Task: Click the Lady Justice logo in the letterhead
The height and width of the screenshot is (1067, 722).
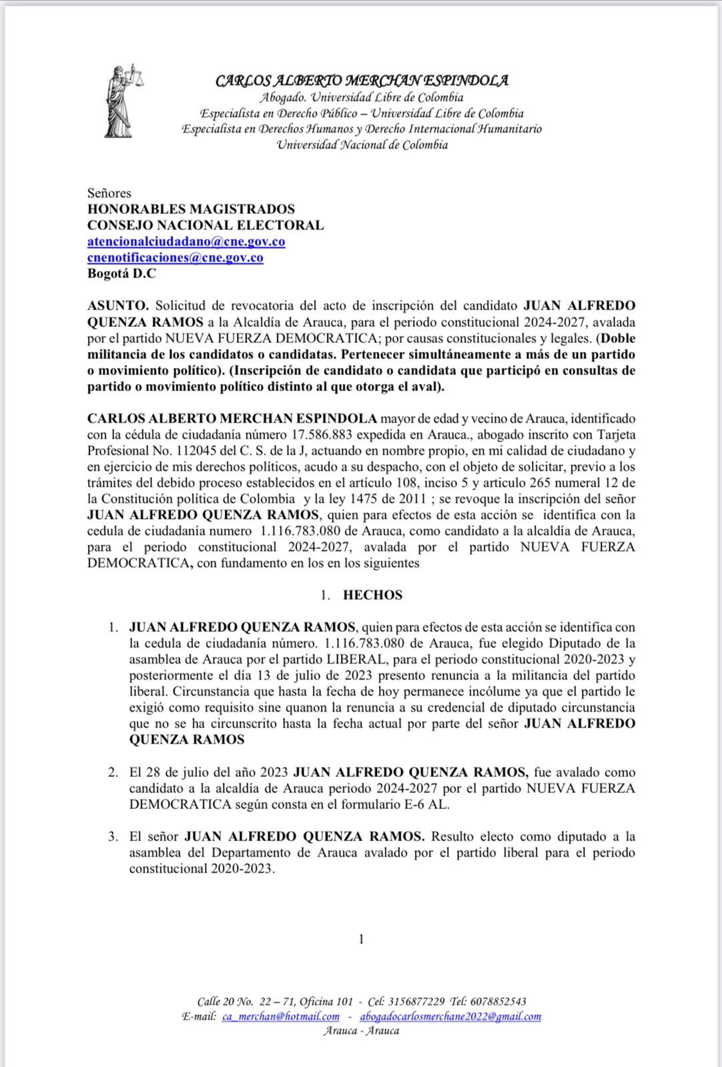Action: click(x=123, y=101)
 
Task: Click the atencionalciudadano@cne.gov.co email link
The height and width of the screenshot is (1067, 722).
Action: click(x=186, y=241)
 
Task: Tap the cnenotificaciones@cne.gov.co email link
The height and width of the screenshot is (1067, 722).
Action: click(x=175, y=257)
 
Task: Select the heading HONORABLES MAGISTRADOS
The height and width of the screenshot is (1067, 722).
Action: click(x=191, y=209)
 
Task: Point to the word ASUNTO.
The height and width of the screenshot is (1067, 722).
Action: click(x=117, y=305)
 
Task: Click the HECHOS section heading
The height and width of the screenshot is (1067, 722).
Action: click(x=372, y=595)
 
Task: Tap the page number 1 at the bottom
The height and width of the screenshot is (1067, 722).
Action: click(x=361, y=939)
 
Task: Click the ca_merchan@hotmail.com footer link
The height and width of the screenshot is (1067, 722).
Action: click(x=280, y=1016)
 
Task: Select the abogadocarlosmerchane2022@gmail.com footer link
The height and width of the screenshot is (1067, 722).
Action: click(x=450, y=1016)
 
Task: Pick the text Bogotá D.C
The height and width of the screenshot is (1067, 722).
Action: click(x=121, y=273)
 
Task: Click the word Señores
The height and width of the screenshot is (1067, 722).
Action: click(x=109, y=193)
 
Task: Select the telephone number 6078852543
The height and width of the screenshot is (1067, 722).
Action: click(x=498, y=1001)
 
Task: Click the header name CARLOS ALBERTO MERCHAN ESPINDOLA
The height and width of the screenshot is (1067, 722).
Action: click(x=362, y=81)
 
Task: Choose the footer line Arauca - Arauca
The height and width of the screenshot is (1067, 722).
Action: click(x=361, y=1031)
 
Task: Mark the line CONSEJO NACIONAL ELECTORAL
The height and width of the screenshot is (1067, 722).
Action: click(x=206, y=225)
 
